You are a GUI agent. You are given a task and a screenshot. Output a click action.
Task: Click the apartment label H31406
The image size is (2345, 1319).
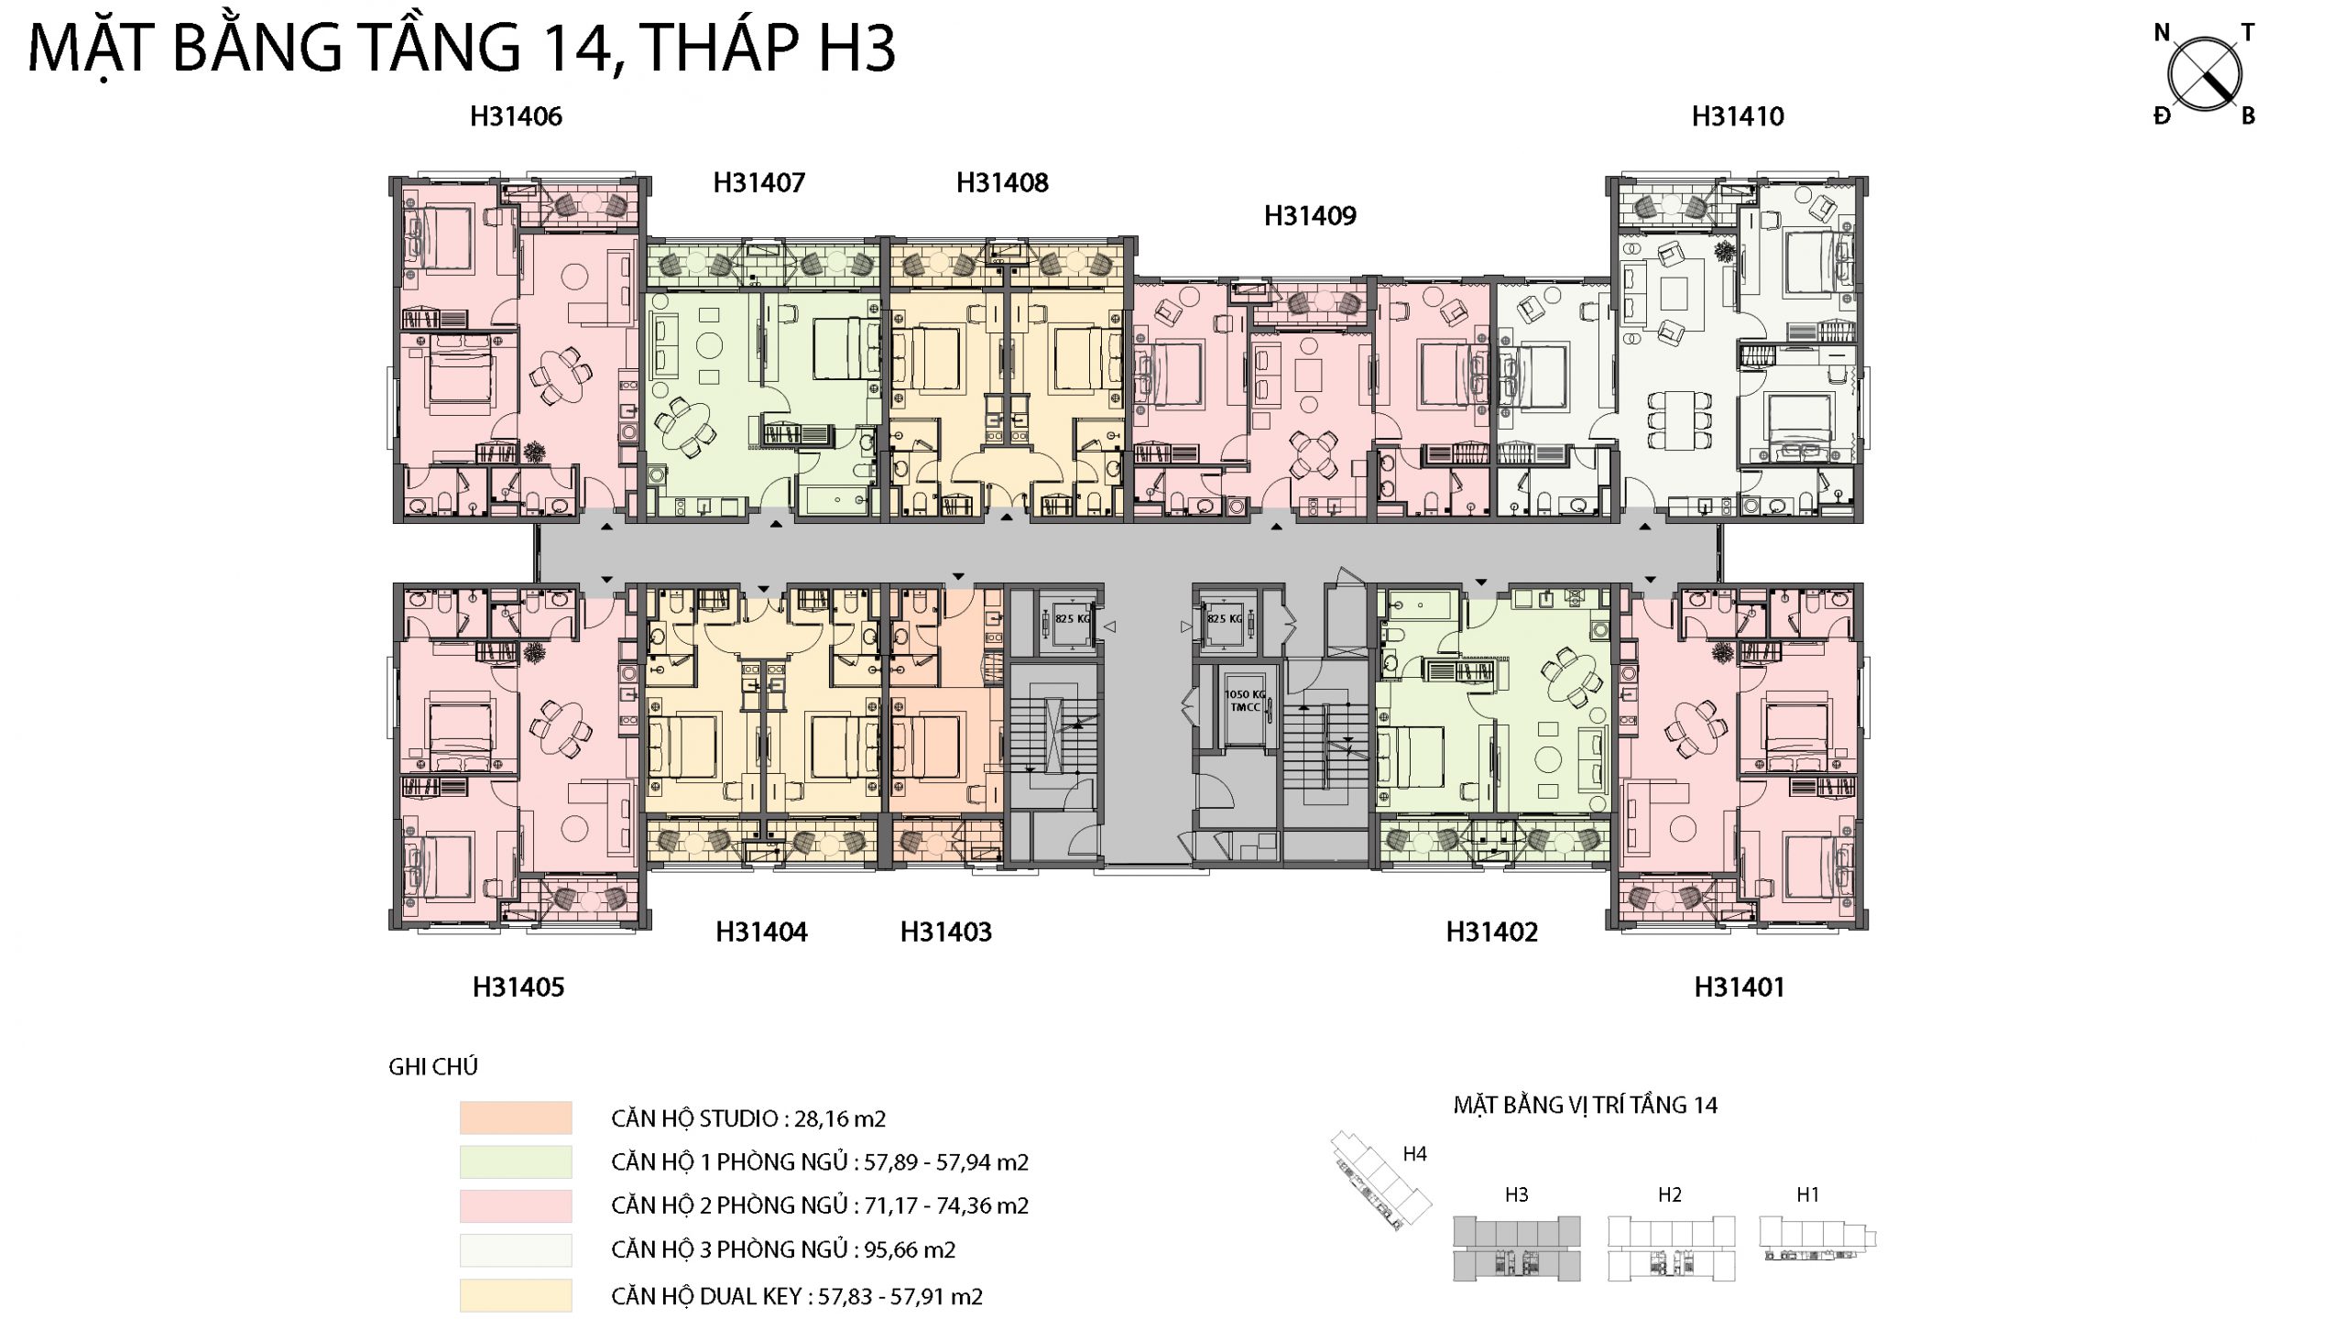point(516,116)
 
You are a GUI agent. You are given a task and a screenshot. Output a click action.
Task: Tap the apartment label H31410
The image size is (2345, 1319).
point(1738,116)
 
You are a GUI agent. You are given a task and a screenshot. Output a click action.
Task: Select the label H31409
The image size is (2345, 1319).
point(1310,216)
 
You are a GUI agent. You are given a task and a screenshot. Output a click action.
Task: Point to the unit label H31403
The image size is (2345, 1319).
point(946,932)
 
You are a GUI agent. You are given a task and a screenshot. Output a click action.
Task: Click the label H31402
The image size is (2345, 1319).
point(1492,932)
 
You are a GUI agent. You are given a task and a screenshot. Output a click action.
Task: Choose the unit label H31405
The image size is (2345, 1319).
point(518,987)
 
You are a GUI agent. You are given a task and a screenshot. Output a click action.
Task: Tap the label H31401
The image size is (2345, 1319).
point(1740,987)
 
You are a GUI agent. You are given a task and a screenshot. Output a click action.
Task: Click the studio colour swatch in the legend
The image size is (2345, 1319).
point(517,1118)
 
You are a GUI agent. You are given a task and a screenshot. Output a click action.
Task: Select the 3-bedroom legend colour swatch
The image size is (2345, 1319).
point(517,1250)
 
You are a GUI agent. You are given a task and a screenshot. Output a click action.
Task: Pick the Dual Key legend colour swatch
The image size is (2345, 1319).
point(517,1295)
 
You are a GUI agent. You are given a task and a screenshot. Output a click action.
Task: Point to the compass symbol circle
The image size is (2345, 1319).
point(2205,75)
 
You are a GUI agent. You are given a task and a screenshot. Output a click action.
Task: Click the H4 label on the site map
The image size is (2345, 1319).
point(1415,1154)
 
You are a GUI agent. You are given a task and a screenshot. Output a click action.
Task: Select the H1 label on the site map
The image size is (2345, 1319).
point(1807,1194)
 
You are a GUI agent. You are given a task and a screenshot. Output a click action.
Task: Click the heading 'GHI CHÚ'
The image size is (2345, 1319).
point(433,1066)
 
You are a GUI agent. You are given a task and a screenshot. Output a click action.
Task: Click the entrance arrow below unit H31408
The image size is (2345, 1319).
point(1007,518)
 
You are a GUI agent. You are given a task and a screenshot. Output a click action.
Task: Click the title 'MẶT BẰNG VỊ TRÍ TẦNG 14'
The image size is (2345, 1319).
point(1586,1105)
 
